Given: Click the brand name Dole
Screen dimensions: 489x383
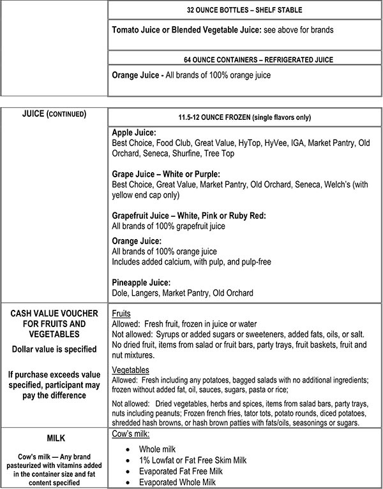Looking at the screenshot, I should point(121,293).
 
